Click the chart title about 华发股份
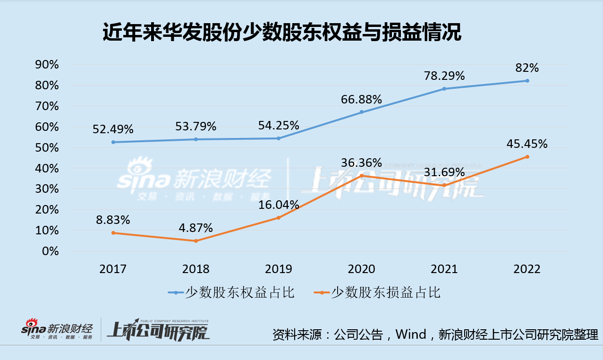click(281, 34)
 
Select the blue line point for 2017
click(113, 142)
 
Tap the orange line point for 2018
click(196, 241)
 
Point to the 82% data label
click(527, 68)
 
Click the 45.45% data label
click(527, 144)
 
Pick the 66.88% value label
click(361, 99)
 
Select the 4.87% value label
click(196, 228)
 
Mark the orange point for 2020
click(361, 176)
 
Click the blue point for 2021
click(444, 89)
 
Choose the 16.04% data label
click(279, 205)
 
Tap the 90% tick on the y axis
click(47, 65)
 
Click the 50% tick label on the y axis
click(47, 148)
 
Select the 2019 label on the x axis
click(279, 269)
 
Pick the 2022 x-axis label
click(527, 269)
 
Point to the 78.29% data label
click(444, 76)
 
